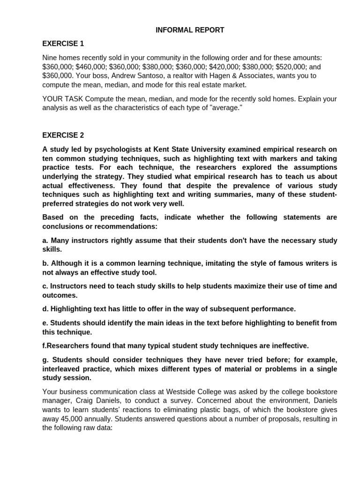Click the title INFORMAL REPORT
coord(190,30)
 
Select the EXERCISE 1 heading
coord(63,44)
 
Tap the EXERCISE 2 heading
coord(63,135)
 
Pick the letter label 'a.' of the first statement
coord(45,240)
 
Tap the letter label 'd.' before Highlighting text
coord(45,309)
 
